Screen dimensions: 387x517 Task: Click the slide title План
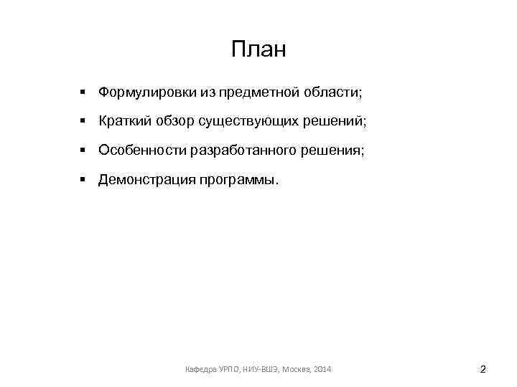coord(258,49)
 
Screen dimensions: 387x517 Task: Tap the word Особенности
coord(142,150)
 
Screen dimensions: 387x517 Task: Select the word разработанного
coord(241,150)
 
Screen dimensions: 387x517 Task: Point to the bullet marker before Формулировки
coord(83,92)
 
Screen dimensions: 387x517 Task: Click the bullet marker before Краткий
coord(83,122)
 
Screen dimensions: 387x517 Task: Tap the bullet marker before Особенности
coord(83,150)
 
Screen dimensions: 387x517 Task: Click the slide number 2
coord(483,370)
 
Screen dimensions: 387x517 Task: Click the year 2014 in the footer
coord(323,370)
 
